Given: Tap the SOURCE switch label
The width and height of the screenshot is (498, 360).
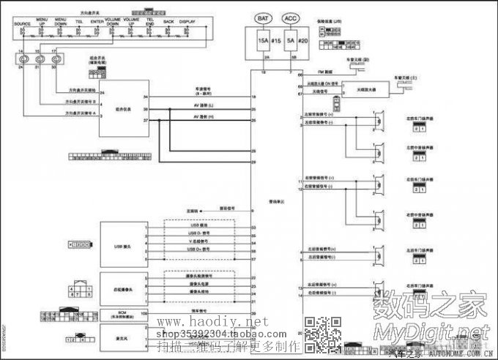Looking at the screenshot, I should click(22, 24).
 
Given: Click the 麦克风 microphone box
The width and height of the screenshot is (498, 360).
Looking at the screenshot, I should click(122, 338).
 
